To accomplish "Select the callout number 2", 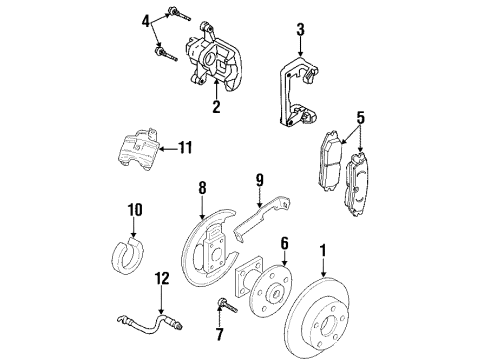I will coord(215,108).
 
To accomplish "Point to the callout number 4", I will coord(146,19).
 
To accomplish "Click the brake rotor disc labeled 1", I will coord(340,315).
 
